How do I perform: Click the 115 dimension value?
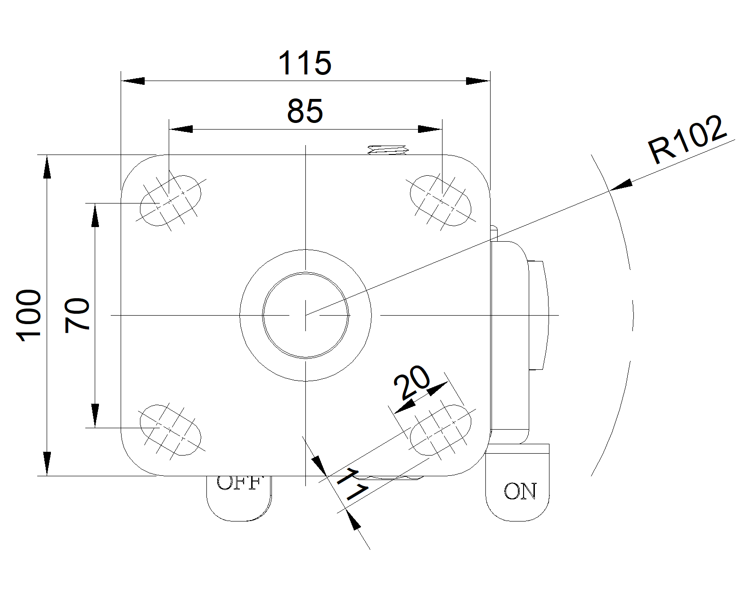[305, 63]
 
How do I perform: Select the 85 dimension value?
[305, 111]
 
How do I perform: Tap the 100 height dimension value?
[29, 315]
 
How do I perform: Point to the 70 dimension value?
[77, 315]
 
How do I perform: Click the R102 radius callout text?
[687, 139]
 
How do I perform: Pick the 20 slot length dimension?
[412, 382]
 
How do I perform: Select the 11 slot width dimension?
[352, 485]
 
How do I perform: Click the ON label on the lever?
[520, 491]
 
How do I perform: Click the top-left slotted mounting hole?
[171, 201]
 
